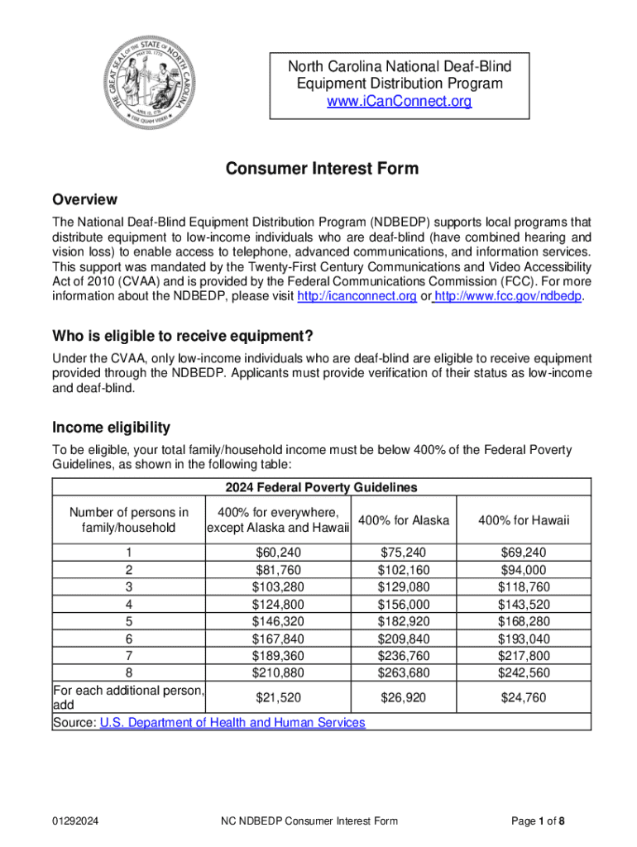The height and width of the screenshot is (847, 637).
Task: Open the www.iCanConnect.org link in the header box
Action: click(x=400, y=102)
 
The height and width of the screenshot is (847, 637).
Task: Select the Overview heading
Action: click(x=84, y=200)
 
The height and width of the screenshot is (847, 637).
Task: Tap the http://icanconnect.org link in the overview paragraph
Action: click(x=357, y=298)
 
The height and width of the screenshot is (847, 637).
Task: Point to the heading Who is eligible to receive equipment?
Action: click(x=183, y=337)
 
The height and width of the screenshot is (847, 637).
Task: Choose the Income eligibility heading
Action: click(x=112, y=428)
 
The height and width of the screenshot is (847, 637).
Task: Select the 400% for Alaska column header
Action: click(x=404, y=520)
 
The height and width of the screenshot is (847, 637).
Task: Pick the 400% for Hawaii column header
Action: click(x=524, y=520)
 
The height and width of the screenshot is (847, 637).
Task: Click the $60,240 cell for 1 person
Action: click(x=278, y=553)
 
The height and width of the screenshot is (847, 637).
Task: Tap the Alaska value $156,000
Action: click(x=404, y=605)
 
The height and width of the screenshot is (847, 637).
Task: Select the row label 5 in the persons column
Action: click(x=129, y=622)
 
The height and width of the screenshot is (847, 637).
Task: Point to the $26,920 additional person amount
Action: click(x=404, y=698)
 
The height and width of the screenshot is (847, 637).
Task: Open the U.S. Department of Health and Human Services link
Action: click(x=232, y=723)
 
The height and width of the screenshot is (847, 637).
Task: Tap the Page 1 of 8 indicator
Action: click(x=538, y=821)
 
